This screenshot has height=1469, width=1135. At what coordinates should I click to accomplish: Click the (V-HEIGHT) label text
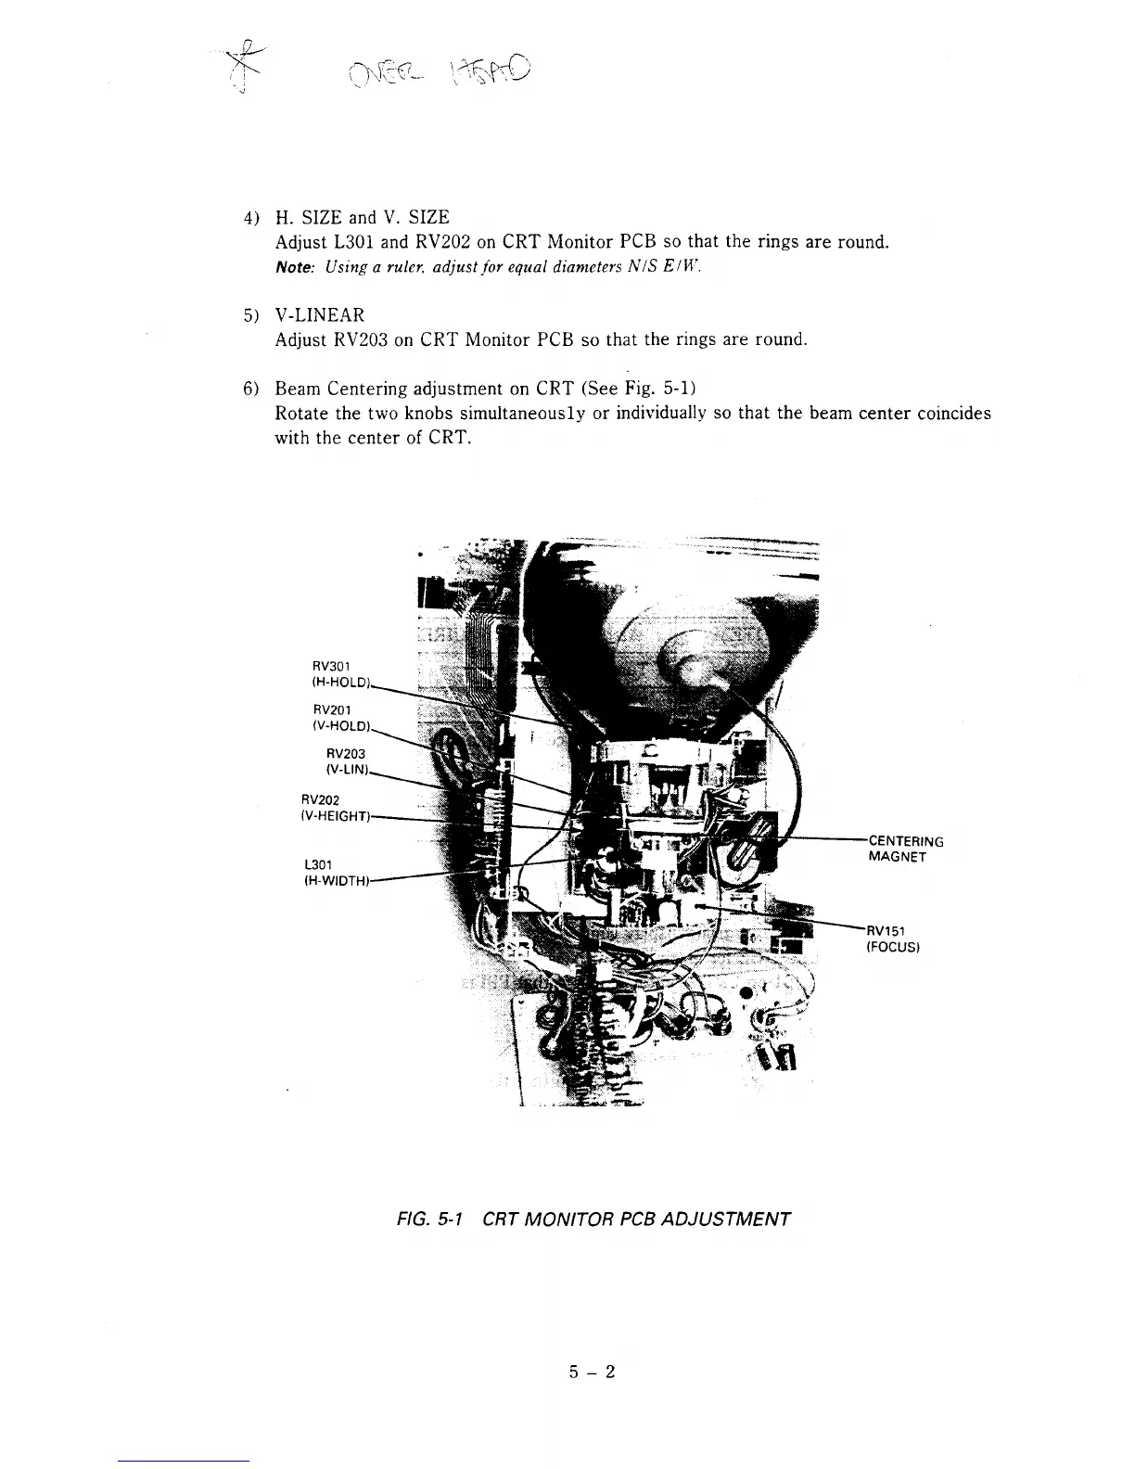(x=336, y=816)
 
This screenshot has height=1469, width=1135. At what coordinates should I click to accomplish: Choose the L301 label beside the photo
(x=318, y=864)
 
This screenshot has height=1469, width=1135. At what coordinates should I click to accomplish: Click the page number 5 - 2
(x=593, y=1372)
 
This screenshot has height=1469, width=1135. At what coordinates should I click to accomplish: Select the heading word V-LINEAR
(x=320, y=315)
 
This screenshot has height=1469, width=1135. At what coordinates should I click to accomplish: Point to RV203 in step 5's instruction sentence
(x=359, y=339)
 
